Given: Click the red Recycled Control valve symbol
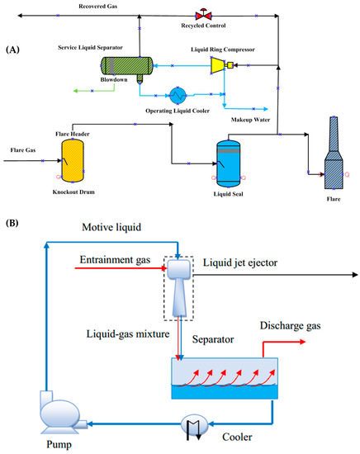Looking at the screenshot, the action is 203,15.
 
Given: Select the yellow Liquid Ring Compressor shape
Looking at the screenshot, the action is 218,65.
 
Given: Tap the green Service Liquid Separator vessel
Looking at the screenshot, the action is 126,66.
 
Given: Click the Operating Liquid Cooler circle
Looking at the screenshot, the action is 178,95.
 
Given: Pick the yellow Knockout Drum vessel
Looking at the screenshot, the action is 73,161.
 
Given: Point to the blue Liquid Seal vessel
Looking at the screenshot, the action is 229,163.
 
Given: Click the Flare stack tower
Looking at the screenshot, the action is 334,153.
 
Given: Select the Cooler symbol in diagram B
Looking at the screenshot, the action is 194,425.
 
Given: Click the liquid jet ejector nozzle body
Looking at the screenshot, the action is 179,288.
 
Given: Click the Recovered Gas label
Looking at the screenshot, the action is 98,6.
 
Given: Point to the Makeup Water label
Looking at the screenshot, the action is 250,120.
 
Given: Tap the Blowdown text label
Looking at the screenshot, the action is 114,79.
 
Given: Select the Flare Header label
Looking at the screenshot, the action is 73,134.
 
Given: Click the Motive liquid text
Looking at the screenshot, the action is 111,227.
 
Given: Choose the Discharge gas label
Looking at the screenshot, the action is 290,326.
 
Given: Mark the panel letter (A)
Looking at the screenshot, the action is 12,50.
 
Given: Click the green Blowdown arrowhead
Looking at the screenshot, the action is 76,91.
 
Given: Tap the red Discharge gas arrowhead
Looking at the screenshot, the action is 302,342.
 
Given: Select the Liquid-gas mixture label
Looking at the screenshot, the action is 128,333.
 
